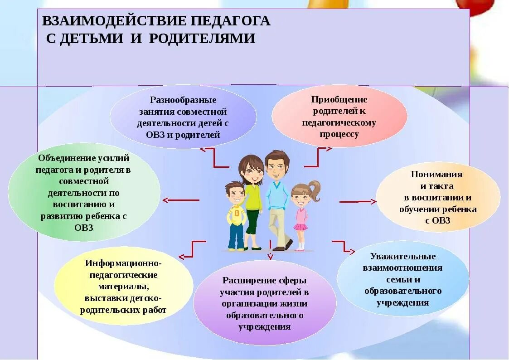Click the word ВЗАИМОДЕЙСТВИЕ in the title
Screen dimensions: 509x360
click(113, 21)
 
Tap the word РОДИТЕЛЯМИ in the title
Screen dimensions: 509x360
click(202, 38)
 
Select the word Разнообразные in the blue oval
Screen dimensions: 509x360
click(183, 100)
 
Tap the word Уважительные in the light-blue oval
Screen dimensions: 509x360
click(402, 257)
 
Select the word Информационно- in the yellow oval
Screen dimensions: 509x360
click(123, 263)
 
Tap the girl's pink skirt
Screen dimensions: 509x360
click(300, 226)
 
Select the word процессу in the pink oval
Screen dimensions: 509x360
click(339, 134)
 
